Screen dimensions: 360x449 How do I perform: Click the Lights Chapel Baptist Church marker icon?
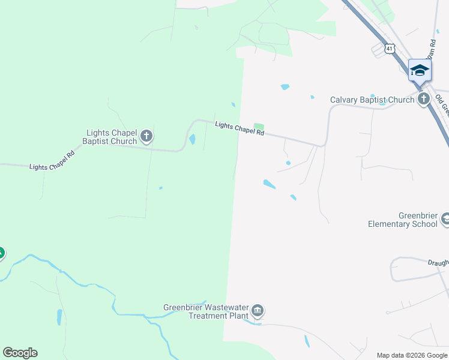[146, 137]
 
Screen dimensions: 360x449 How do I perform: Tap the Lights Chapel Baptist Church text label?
[112, 137]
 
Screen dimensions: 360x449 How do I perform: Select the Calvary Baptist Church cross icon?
[424, 99]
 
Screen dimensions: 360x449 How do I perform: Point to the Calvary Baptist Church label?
[372, 100]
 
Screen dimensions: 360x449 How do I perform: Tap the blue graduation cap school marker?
[419, 70]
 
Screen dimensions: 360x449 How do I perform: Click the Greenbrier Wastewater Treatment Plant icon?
[258, 310]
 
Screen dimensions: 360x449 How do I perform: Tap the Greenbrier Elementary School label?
[403, 220]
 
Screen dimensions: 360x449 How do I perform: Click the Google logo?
[20, 353]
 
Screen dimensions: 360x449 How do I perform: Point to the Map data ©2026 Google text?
[411, 355]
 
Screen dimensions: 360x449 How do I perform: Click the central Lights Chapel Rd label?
[240, 128]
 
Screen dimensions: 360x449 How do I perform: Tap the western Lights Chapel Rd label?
[52, 161]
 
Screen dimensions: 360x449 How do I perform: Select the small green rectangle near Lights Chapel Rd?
[259, 126]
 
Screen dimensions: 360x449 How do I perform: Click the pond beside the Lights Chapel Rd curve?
[192, 139]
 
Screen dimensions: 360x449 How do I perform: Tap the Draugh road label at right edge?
[438, 263]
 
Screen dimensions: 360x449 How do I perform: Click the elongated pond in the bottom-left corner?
[59, 317]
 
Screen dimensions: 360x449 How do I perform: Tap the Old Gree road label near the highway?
[442, 104]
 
